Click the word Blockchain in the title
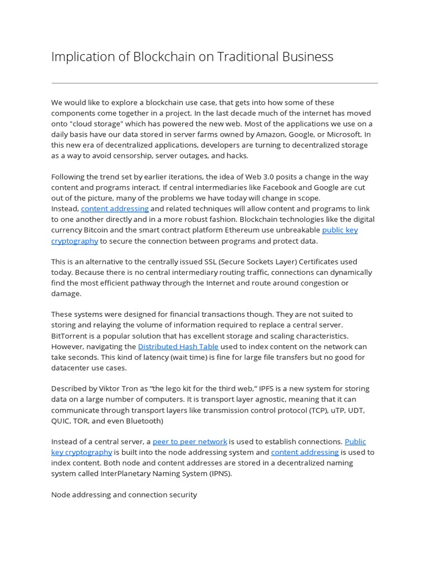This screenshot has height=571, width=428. [158, 56]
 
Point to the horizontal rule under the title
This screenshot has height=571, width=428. [215, 83]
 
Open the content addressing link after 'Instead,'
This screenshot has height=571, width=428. [115, 209]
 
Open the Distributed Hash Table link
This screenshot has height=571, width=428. [178, 346]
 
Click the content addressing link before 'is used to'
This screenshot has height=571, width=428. [305, 452]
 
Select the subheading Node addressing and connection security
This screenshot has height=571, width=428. [124, 495]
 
